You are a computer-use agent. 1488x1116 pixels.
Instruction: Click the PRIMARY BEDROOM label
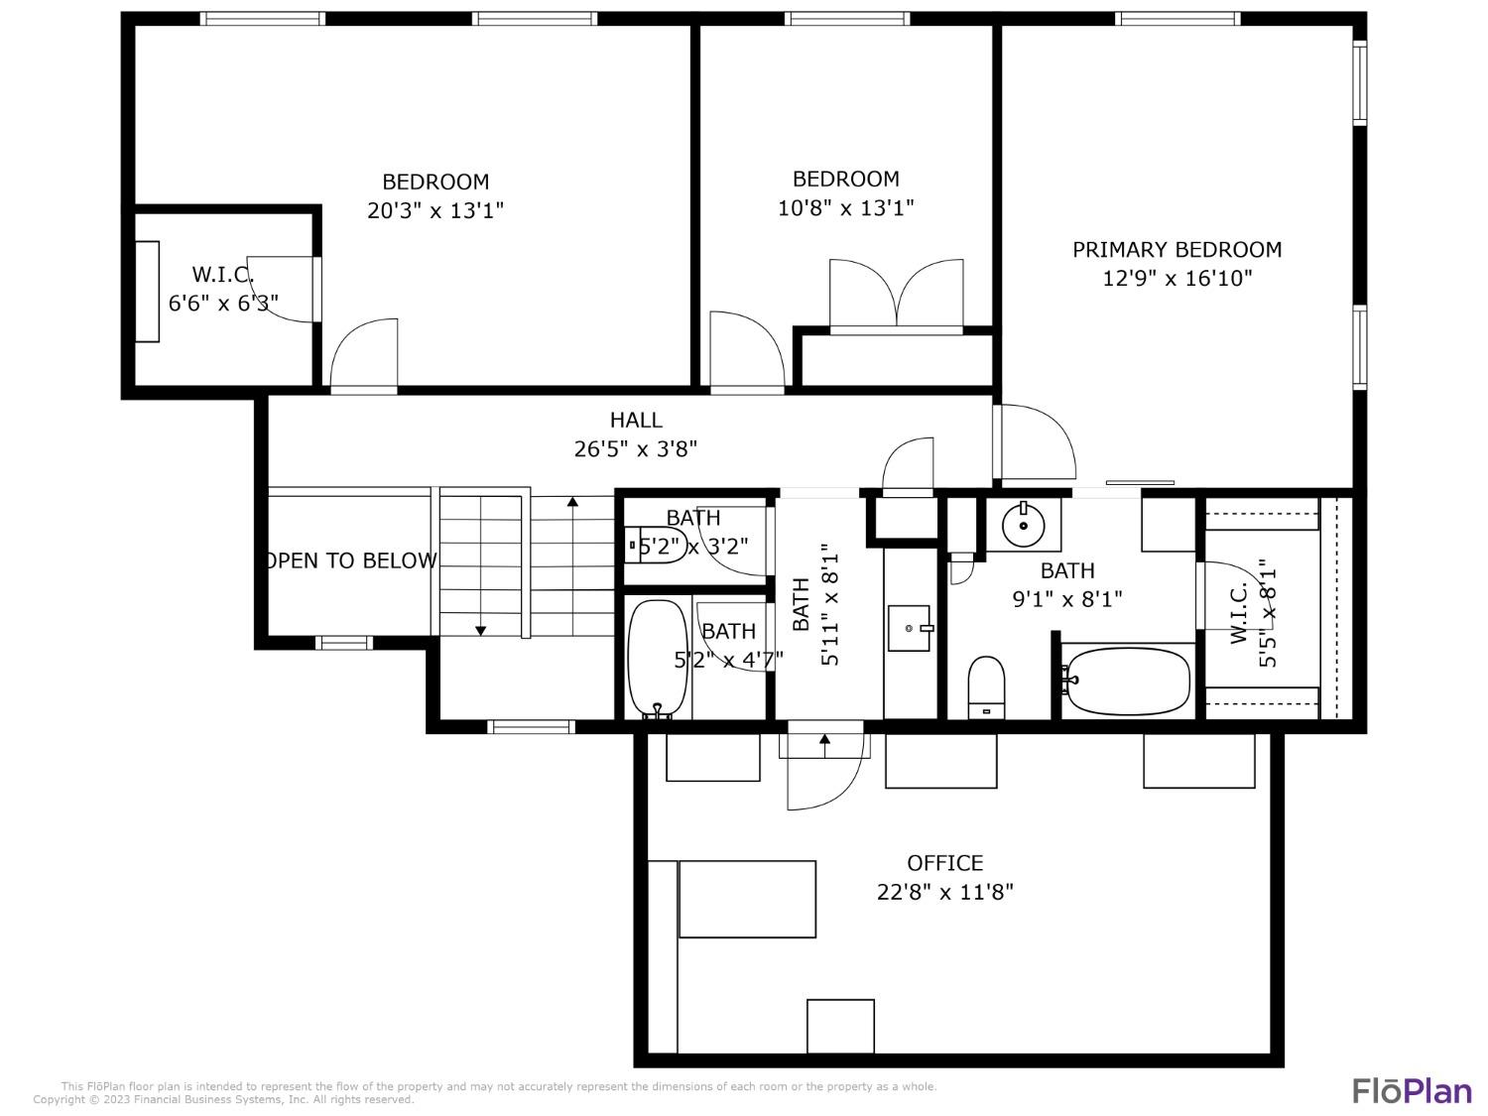tap(1177, 250)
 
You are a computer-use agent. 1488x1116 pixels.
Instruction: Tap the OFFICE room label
tap(944, 863)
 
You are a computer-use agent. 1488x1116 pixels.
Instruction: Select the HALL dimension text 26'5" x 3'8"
tap(636, 449)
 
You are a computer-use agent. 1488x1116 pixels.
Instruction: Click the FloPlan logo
tap(1412, 1090)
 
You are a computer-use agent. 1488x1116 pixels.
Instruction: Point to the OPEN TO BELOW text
tap(351, 560)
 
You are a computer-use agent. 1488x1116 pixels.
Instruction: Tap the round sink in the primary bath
tap(1021, 525)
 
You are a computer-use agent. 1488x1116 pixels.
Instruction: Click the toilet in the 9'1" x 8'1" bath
tap(986, 684)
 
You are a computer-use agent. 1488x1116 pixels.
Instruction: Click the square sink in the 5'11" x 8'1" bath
tap(909, 628)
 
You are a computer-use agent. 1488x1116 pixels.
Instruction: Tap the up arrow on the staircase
tap(572, 503)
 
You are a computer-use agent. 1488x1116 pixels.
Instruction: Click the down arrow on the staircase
tap(481, 629)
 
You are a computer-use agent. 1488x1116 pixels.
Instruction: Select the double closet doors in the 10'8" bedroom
tap(896, 293)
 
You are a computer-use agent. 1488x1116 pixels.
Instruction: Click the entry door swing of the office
tap(823, 774)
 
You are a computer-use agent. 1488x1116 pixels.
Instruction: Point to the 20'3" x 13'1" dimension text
tap(435, 210)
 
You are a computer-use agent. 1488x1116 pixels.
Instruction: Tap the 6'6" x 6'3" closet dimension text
tap(223, 304)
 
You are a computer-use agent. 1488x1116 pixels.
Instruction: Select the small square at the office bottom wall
tap(840, 1026)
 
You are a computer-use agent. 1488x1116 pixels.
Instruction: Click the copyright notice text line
tap(223, 1099)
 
